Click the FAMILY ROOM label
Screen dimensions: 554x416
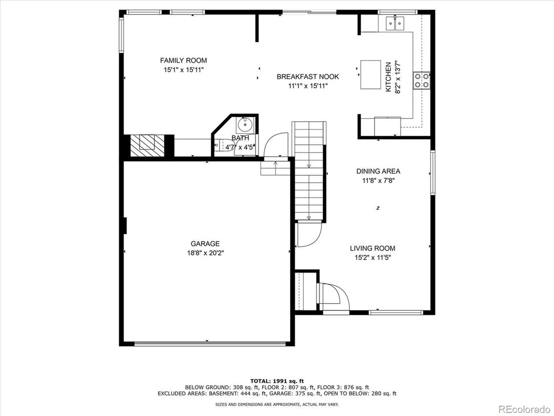(183, 61)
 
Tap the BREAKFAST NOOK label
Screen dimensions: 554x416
(307, 77)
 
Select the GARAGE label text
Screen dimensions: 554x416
(205, 244)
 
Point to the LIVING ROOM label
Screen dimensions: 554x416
(372, 248)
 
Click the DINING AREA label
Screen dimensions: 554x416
(378, 171)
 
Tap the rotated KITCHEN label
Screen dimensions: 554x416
(388, 77)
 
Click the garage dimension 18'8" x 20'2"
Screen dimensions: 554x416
(205, 253)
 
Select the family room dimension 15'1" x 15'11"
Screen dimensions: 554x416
(183, 70)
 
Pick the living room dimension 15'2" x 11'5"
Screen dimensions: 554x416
(372, 258)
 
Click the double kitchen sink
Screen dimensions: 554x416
(395, 24)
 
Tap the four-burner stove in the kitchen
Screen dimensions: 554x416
(421, 81)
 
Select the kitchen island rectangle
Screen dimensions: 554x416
(370, 75)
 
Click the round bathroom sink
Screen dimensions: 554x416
(245, 125)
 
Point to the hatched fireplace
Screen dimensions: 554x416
(147, 145)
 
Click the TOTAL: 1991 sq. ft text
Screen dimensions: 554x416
(277, 381)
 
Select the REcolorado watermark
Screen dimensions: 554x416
(524, 409)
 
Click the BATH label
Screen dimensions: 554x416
(240, 138)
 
